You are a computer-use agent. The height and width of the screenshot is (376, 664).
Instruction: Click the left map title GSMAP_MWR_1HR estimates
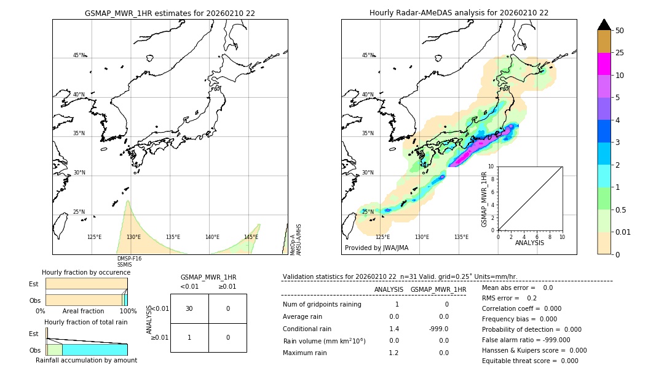(170, 13)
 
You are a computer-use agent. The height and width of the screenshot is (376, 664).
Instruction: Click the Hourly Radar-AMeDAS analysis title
(459, 13)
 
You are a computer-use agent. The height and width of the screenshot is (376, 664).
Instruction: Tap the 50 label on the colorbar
(620, 31)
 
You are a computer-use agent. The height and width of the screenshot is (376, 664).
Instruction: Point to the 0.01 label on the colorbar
(623, 232)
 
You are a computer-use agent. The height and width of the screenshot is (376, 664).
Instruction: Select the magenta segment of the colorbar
(604, 64)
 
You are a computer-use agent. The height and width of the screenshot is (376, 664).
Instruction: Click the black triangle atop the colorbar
(604, 25)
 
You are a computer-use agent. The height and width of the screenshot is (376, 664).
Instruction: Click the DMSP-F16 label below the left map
(129, 259)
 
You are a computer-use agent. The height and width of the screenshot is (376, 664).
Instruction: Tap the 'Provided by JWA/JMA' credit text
(376, 248)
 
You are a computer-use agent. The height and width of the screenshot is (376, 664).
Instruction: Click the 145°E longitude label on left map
(251, 237)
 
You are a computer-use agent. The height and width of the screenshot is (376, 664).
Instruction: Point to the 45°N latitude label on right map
(368, 55)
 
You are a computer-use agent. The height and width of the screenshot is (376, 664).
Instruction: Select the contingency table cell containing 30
(189, 308)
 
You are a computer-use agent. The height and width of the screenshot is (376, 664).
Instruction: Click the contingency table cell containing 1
(189, 337)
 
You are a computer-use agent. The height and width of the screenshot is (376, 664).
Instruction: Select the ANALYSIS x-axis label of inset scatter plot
(530, 243)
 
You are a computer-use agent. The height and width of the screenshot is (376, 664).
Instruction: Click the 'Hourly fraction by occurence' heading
(86, 272)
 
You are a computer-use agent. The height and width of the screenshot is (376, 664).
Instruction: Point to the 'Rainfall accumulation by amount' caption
(86, 361)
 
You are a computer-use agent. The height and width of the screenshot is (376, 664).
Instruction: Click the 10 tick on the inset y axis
(491, 166)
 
